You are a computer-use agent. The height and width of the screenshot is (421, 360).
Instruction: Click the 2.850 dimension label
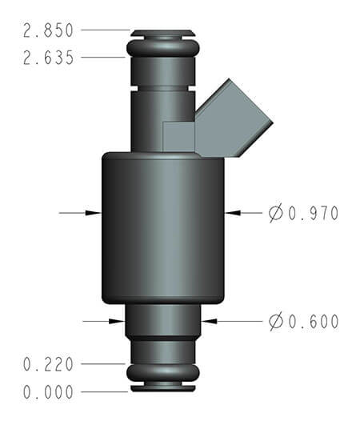coord(49,31)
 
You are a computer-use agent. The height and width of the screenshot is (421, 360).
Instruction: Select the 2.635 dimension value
coord(49,58)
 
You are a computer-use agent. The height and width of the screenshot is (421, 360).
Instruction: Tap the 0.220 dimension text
coord(49,364)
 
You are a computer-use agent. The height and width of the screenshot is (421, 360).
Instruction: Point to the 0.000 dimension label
coord(49,392)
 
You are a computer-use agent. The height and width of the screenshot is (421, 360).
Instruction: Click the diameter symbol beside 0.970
coord(276,213)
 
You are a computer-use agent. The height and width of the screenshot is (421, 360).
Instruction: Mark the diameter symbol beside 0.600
coord(276,322)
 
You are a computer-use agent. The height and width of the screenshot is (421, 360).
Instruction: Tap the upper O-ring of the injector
coord(162,50)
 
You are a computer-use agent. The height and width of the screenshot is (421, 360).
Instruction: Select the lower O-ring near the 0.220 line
coord(162,371)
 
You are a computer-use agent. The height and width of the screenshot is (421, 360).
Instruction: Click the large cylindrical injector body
coord(162,228)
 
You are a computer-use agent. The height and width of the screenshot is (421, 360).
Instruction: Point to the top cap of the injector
coord(162,33)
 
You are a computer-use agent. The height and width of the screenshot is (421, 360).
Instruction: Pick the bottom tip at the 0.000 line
coord(162,390)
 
